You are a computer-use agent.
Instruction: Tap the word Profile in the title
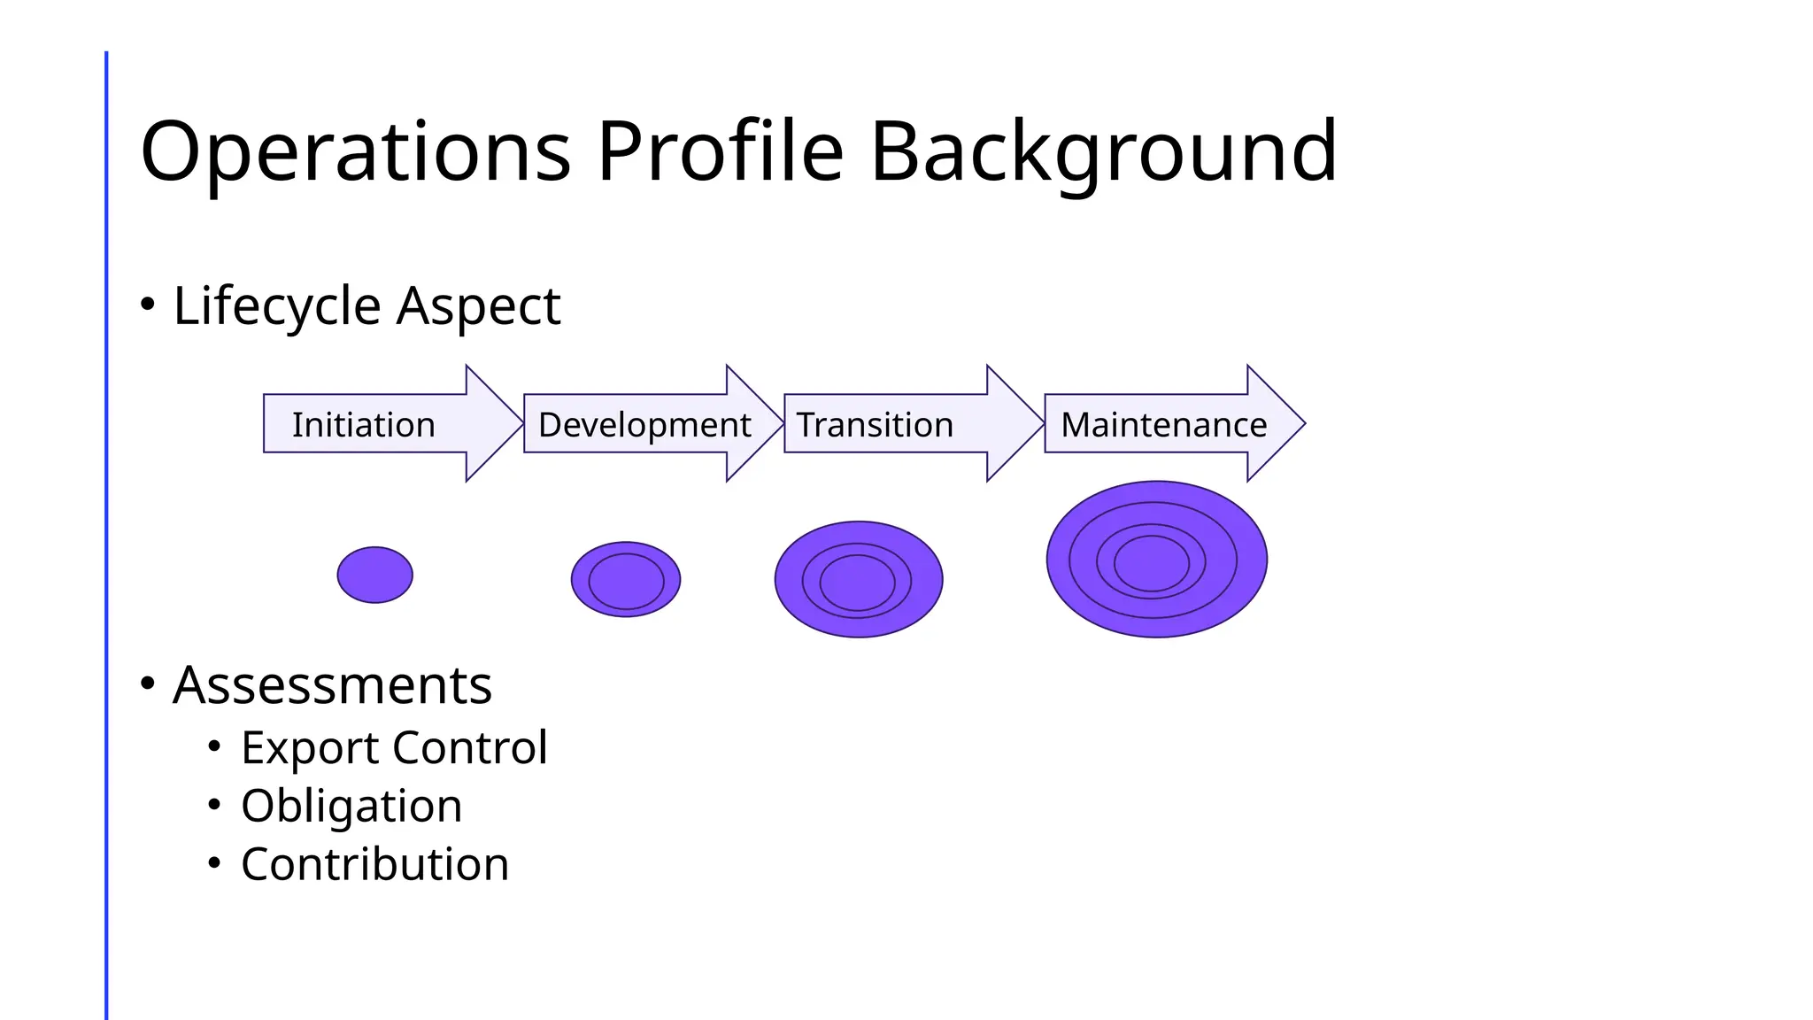[720, 152]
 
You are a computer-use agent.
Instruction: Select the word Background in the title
[1103, 152]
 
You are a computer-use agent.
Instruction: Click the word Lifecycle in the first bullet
[277, 307]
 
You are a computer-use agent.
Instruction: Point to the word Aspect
[478, 307]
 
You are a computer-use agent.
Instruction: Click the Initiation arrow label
[364, 425]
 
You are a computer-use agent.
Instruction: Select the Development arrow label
[644, 425]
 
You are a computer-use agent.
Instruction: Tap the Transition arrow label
[875, 425]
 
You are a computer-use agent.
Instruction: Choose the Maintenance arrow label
[1163, 425]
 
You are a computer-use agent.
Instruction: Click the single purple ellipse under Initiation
[375, 575]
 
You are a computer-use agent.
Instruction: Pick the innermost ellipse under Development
[626, 582]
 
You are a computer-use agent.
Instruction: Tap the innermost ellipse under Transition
[857, 583]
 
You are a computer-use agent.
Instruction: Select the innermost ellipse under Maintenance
[1151, 563]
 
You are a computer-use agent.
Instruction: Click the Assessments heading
[332, 685]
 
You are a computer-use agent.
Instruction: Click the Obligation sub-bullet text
[351, 807]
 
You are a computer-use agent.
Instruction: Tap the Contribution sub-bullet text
[374, 864]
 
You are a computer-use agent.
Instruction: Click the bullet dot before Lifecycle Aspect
[148, 305]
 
